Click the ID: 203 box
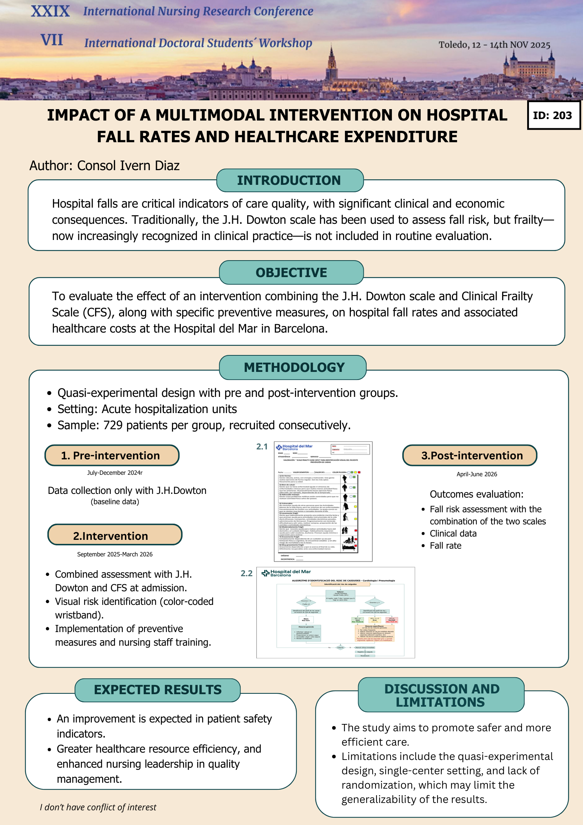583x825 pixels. point(554,115)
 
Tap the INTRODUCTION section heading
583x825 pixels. point(289,180)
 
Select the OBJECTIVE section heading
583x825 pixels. point(291,273)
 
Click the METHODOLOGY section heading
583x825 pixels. point(294,367)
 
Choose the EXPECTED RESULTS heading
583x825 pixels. point(158,690)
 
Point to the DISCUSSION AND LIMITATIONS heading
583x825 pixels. point(441,695)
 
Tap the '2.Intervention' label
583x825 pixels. point(111,536)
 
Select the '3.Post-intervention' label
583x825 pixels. point(472,456)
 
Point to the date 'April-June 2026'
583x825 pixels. point(477,474)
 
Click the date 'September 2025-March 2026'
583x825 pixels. point(115,554)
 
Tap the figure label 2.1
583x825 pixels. point(262,446)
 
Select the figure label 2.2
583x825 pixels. point(246,573)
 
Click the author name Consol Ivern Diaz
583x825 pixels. point(128,166)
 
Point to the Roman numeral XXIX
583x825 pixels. point(50,11)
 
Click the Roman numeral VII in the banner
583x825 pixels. point(52,40)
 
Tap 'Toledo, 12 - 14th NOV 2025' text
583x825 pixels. point(494,45)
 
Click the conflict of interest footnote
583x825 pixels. point(98,807)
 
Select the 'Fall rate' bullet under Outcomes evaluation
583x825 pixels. point(446,546)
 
